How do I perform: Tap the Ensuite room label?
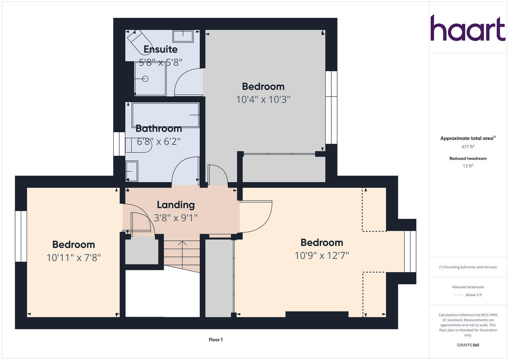(x=160, y=49)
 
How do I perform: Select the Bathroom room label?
(x=158, y=128)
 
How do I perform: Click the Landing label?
(x=176, y=205)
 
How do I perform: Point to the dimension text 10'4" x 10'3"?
(x=263, y=99)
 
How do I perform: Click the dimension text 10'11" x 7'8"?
(x=73, y=257)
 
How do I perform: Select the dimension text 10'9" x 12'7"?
(x=322, y=255)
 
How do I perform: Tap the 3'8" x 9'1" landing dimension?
(x=176, y=218)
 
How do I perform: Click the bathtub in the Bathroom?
(x=165, y=114)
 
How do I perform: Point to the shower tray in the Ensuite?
(x=150, y=79)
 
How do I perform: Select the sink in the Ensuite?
(x=183, y=36)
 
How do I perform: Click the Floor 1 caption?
(x=215, y=340)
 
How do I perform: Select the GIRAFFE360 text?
(x=468, y=345)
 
